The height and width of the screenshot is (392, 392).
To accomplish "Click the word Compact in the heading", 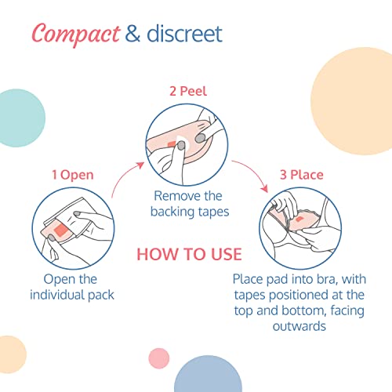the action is tap(76, 34).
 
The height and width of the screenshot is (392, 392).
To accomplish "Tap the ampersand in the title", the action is tap(132, 34).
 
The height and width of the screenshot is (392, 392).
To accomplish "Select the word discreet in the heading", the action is tap(184, 34).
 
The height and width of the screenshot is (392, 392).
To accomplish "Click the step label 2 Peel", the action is tap(188, 91).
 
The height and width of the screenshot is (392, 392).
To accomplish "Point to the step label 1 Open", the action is tap(73, 175).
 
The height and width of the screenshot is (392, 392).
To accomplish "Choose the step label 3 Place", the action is tap(302, 175).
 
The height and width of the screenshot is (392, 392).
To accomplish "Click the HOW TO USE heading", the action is tap(189, 254).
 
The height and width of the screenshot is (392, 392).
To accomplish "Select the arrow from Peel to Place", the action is tap(252, 172).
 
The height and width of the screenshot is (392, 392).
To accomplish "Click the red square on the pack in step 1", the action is tap(61, 230).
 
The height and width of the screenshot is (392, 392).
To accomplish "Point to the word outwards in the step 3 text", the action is tap(299, 326).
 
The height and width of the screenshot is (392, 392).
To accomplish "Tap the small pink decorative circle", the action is tap(159, 358).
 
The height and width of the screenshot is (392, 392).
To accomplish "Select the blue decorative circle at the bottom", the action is tap(208, 376).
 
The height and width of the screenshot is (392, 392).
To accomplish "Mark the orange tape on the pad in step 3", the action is tap(299, 219).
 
